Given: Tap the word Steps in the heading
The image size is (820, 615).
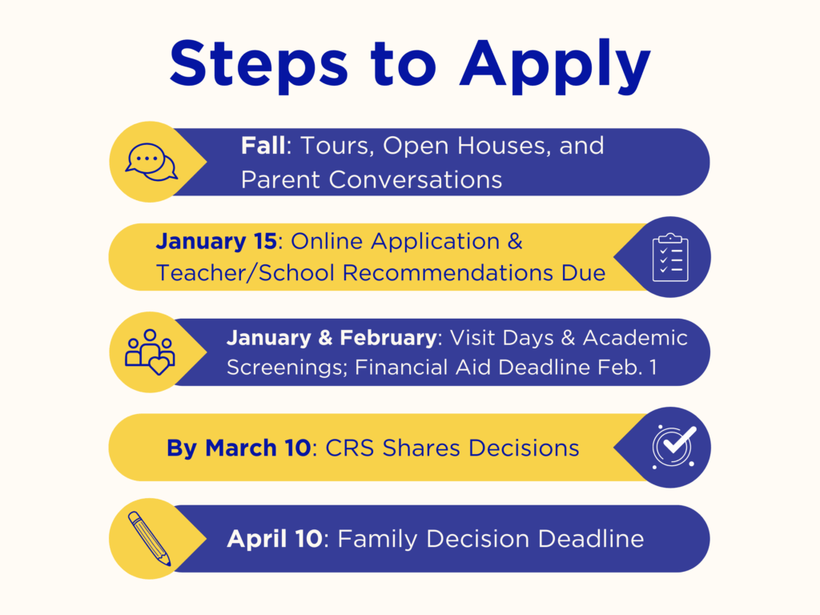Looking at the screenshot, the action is [259, 65].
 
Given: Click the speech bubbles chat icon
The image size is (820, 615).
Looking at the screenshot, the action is [151, 162].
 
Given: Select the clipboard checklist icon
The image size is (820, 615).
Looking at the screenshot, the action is [670, 257].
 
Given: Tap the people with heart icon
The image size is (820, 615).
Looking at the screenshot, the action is [150, 352].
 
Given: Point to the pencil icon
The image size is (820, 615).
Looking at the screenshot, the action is [150, 538].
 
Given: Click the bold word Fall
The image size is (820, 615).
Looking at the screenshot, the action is [263, 146].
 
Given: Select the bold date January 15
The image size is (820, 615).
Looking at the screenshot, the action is [216, 241].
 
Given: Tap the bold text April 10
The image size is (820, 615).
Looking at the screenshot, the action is [275, 539].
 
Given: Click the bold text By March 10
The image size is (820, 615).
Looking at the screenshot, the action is [239, 448].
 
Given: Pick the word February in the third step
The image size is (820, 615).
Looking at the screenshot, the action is [388, 338].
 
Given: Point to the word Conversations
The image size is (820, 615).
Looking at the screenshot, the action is [416, 180].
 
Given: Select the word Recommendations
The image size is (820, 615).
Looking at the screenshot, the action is [448, 273].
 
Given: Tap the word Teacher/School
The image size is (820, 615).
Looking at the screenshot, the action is [245, 273].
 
